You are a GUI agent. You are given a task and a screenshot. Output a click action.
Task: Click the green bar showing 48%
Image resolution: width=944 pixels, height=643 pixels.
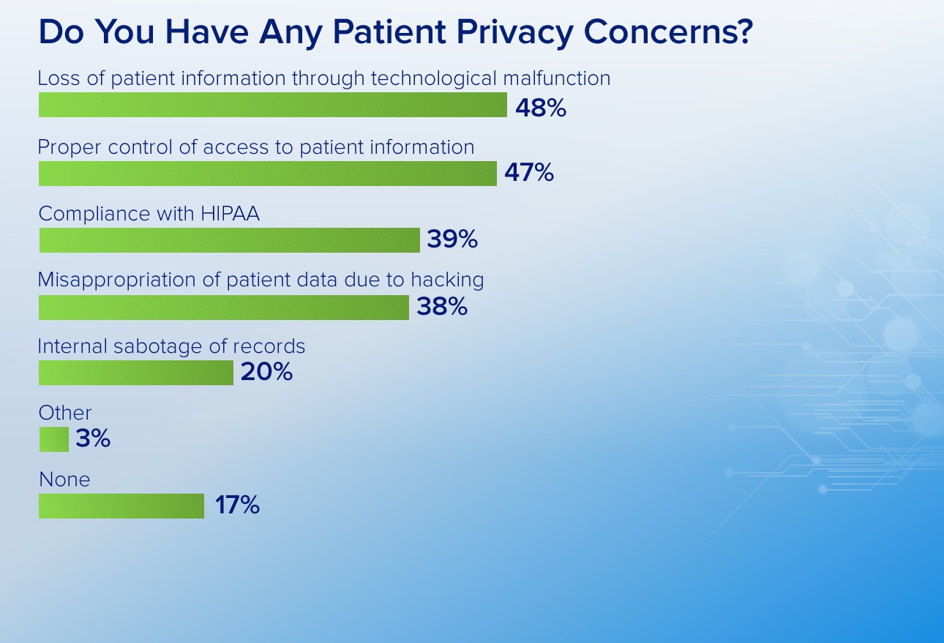point(273,105)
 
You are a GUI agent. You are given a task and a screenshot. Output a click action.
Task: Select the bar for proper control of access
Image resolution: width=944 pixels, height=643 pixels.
point(268,174)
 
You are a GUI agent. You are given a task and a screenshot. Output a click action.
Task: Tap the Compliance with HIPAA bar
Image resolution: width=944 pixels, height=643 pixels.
point(230,240)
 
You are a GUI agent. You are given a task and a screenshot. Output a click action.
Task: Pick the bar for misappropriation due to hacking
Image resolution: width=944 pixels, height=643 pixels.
point(224,308)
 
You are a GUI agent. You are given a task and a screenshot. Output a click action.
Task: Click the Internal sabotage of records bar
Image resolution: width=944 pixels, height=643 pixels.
point(136,373)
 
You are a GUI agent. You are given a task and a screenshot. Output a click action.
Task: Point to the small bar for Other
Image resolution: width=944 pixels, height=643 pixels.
point(54,439)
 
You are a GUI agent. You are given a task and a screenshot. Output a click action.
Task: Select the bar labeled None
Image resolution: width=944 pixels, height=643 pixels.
point(121,506)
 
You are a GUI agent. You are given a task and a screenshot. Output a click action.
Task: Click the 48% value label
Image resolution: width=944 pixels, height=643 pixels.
point(541,108)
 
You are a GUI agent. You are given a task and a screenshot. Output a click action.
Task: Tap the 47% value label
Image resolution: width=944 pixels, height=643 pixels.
point(529,172)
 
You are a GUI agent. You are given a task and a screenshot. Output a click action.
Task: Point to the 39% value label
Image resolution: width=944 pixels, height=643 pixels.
point(452,239)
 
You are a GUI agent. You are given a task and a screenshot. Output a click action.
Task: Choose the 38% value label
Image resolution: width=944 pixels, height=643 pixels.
point(442,306)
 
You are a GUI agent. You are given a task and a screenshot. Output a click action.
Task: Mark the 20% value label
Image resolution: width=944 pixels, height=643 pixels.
point(266,371)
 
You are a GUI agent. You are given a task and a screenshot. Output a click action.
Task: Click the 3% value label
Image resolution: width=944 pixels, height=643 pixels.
point(93,438)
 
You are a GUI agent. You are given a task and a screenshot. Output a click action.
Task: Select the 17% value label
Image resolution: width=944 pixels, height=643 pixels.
point(237,505)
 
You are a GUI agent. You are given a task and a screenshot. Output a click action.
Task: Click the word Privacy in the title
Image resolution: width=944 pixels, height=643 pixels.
point(514,33)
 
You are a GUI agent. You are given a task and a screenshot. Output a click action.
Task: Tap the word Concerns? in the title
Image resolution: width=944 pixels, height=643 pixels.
point(668,31)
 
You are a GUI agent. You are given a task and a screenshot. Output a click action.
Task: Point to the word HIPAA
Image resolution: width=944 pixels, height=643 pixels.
point(230,213)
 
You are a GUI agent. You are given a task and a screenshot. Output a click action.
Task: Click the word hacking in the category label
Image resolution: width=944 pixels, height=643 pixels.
point(448,280)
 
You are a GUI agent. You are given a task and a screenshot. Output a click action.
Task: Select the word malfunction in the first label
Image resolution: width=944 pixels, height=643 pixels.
point(557,78)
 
